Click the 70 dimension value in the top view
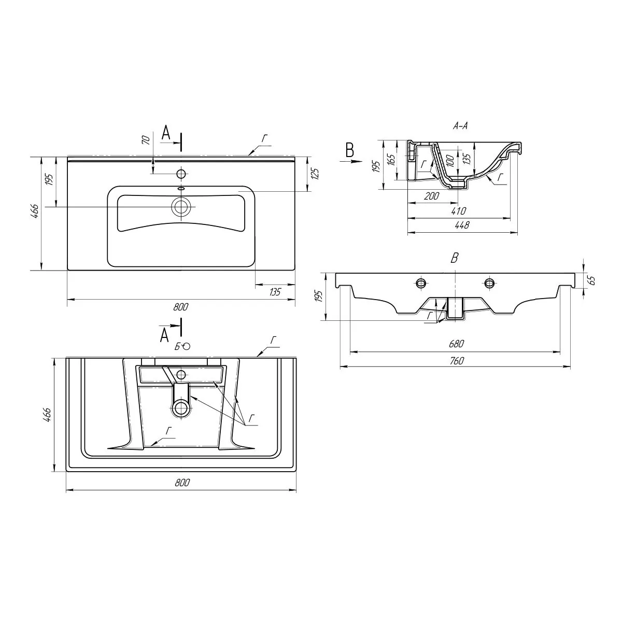point(146,140)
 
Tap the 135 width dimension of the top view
point(275,292)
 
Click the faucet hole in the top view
point(181,174)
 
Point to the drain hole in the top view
point(181,207)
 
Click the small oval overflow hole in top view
point(181,189)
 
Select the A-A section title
point(460,126)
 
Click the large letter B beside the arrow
point(350,150)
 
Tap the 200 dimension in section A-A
point(432,196)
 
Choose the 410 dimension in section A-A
point(459,211)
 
